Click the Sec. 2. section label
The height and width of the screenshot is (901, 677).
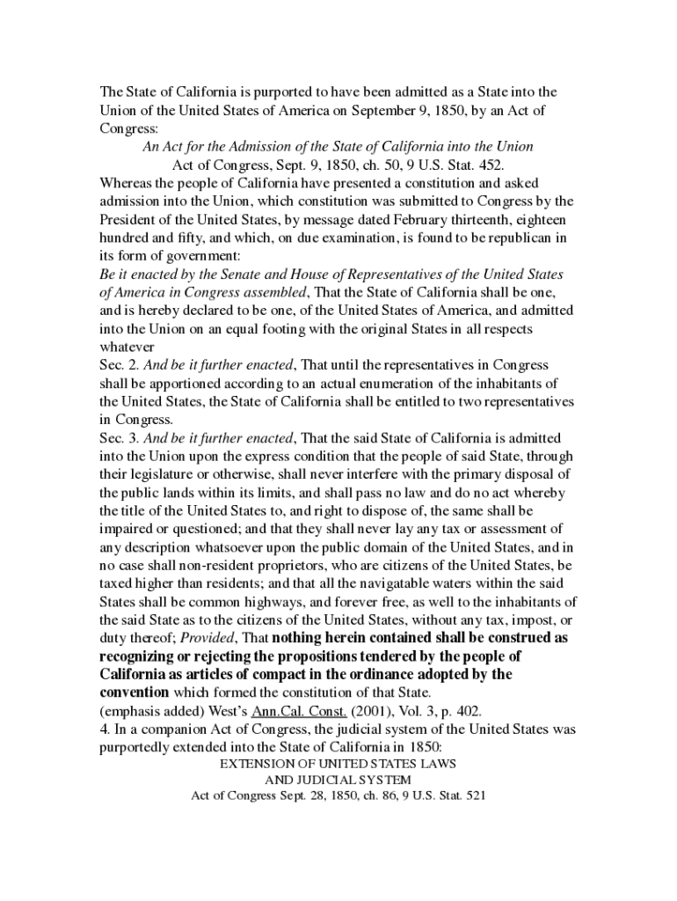click(119, 365)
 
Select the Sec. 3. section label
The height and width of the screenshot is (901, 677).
click(119, 438)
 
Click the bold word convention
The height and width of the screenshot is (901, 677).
click(133, 692)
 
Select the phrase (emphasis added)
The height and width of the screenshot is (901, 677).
click(154, 711)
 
